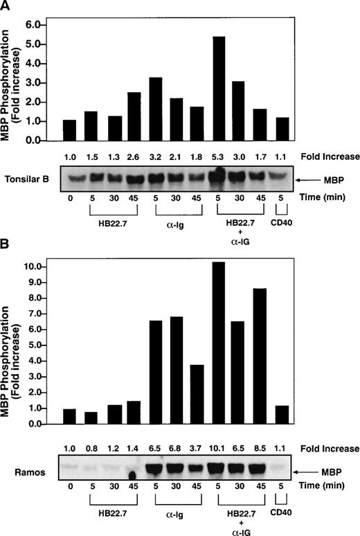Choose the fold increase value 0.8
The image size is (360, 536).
pos(90,449)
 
